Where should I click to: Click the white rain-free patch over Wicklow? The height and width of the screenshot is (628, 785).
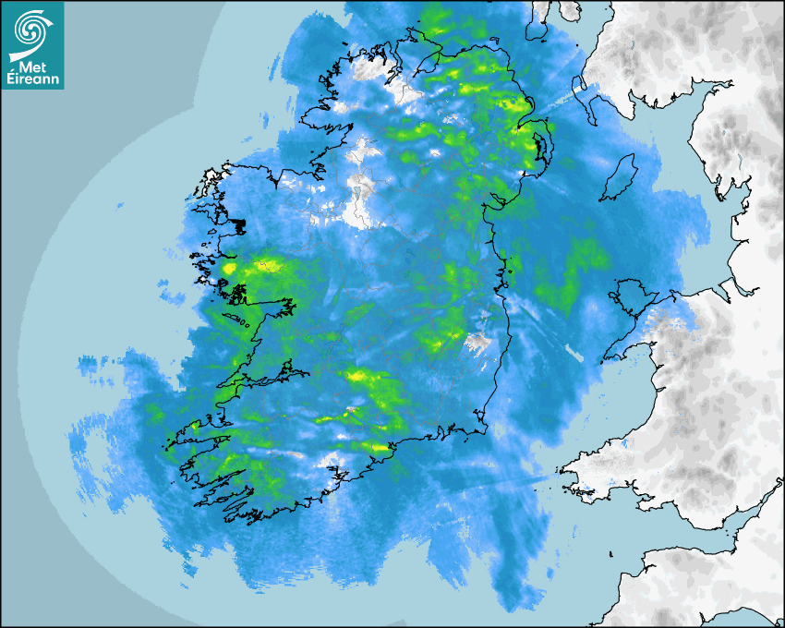pos(477,344)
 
